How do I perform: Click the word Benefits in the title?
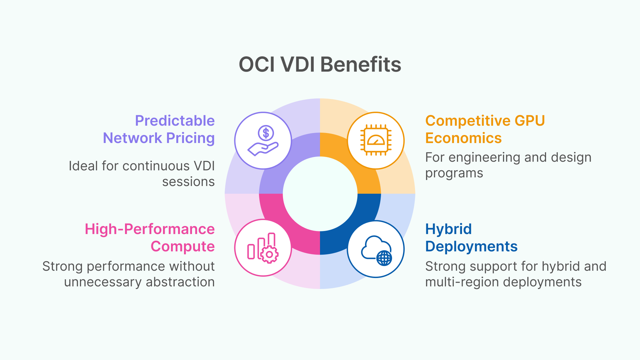(361, 64)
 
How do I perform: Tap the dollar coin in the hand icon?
(266, 133)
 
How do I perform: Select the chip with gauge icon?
(376, 140)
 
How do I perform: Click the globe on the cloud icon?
(384, 258)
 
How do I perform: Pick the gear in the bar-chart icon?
(269, 255)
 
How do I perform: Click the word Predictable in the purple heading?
(175, 121)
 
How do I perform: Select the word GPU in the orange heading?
(530, 121)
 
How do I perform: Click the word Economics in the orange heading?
(463, 138)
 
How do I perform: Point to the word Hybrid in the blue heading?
(448, 229)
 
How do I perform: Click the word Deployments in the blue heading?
(471, 246)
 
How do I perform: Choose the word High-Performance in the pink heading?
(150, 229)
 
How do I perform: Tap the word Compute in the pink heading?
(183, 246)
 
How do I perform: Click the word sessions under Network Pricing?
(188, 182)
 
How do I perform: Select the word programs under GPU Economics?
(454, 173)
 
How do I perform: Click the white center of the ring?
(320, 194)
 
